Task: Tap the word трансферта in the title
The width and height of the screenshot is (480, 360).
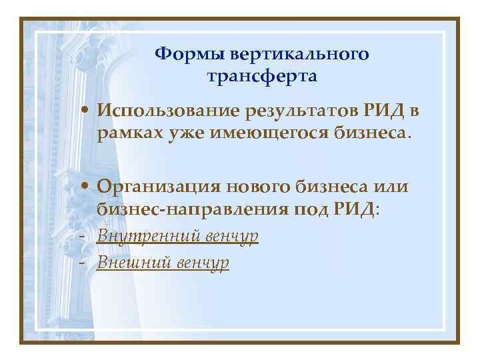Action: (x=262, y=76)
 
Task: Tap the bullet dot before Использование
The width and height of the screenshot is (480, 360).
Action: (x=87, y=110)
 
